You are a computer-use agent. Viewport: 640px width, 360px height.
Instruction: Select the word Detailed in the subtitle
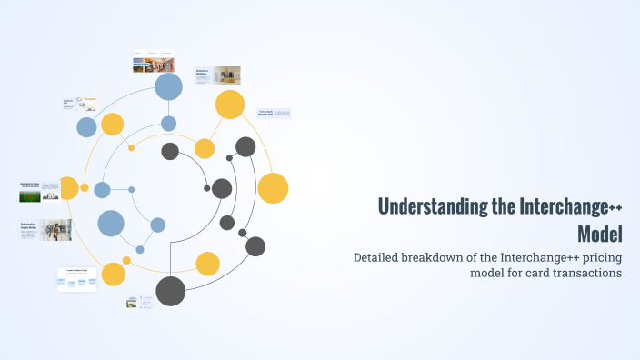pyautogui.click(x=383, y=257)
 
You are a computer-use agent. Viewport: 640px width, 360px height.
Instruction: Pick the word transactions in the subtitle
pyautogui.click(x=577, y=273)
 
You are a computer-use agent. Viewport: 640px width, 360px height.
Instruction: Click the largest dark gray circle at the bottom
pyautogui.click(x=170, y=291)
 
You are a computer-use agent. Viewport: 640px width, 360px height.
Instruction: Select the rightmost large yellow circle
pyautogui.click(x=273, y=187)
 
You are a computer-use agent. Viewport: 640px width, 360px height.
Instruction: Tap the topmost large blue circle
pyautogui.click(x=168, y=86)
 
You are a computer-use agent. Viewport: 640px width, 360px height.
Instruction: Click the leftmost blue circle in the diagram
pyautogui.click(x=86, y=127)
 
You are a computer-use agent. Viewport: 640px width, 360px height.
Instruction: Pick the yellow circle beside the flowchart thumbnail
pyautogui.click(x=114, y=274)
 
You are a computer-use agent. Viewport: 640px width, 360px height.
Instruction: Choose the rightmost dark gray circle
pyautogui.click(x=255, y=246)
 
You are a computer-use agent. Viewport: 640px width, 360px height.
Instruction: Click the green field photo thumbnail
pyautogui.click(x=29, y=193)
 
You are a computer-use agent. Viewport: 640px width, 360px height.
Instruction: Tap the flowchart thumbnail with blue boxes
pyautogui.click(x=77, y=280)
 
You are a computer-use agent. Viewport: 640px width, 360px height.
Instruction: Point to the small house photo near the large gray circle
pyautogui.click(x=133, y=303)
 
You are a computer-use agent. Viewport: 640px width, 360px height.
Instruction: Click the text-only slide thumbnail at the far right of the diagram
pyautogui.click(x=274, y=114)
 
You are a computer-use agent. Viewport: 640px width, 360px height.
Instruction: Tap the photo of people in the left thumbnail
pyautogui.click(x=56, y=230)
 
